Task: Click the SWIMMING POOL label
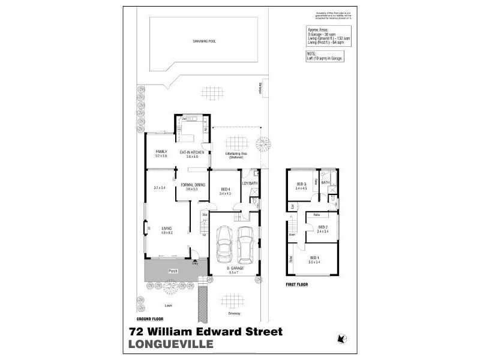pos(205,41)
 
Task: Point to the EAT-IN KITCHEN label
pos(193,152)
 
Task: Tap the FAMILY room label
pos(161,151)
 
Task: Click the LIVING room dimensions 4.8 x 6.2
pos(166,232)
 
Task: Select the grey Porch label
pos(173,271)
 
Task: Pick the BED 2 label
pos(323,226)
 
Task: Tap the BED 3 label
pos(301,184)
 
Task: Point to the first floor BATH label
pos(325,182)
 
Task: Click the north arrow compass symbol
pos(343,339)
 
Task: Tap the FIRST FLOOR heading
pos(296,284)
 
